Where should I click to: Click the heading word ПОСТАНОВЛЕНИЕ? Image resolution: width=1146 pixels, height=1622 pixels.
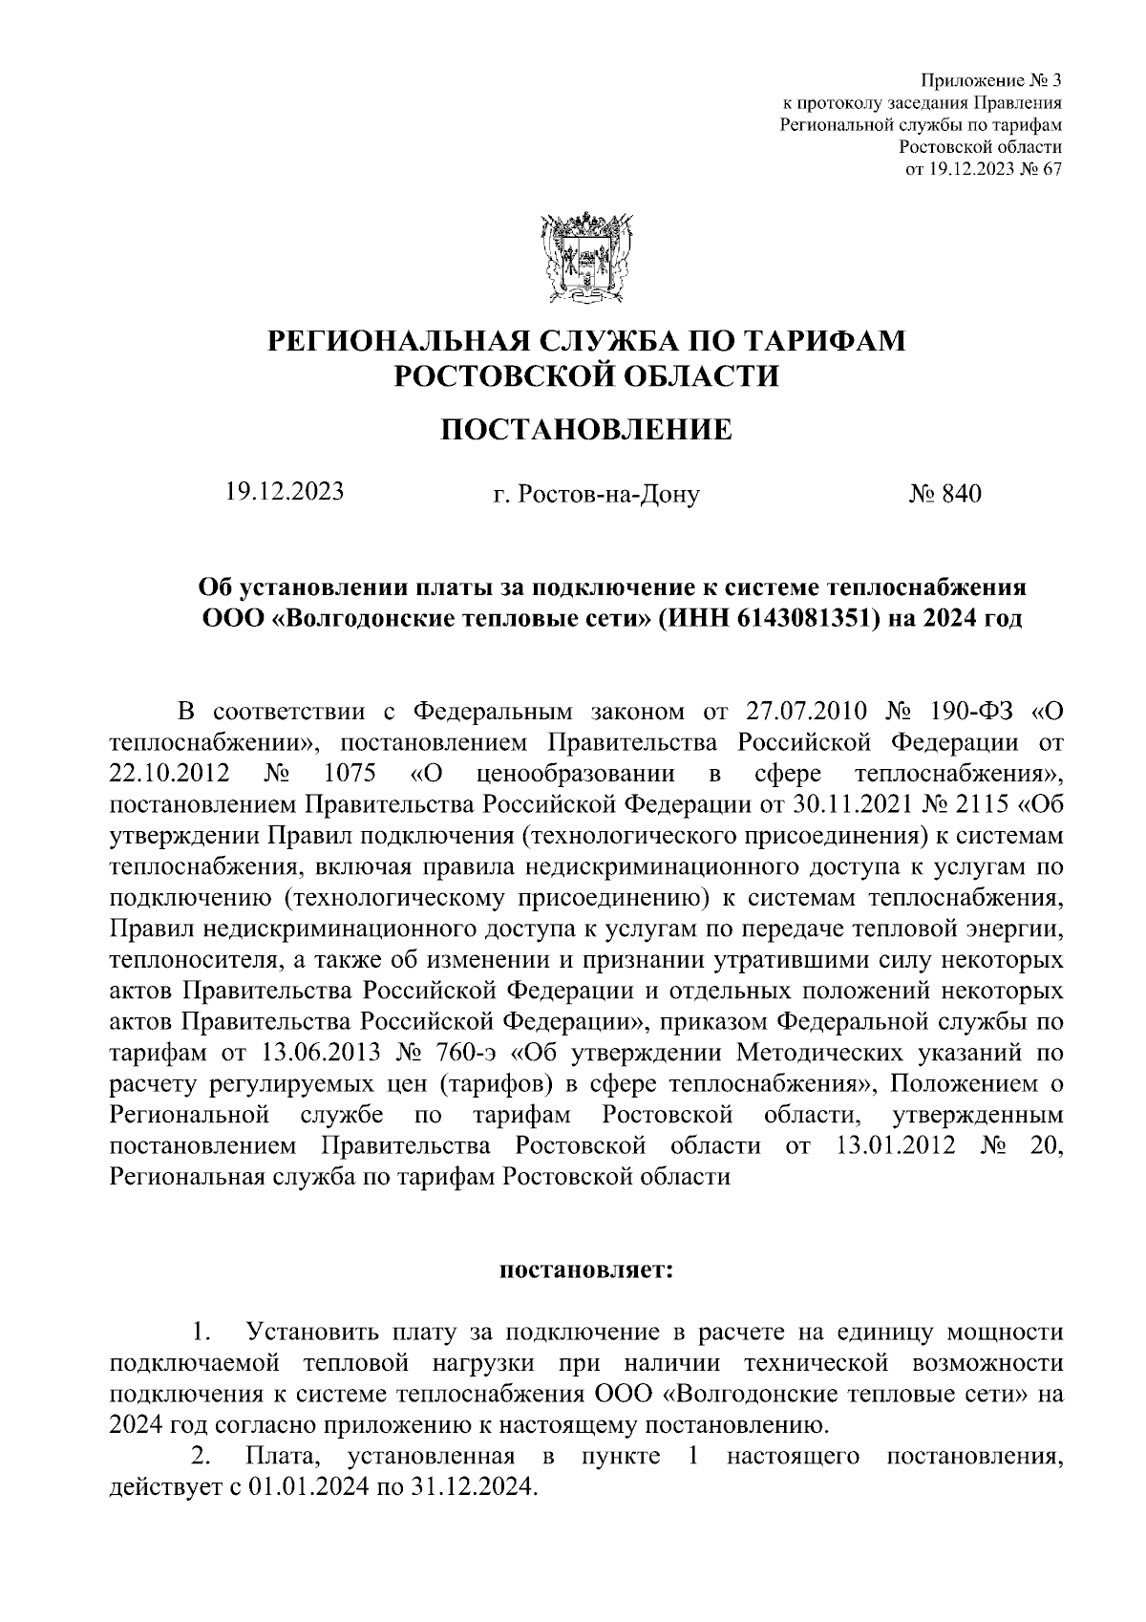click(585, 431)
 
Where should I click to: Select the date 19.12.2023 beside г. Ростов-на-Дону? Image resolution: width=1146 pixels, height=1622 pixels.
click(285, 492)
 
